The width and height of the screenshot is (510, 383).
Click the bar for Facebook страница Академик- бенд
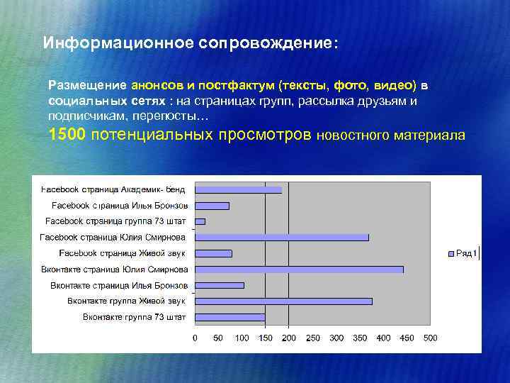(238, 189)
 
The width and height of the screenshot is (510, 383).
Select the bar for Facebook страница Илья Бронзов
(212, 206)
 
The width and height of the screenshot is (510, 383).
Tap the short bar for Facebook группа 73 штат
(200, 221)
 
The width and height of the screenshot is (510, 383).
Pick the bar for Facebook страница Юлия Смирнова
(281, 237)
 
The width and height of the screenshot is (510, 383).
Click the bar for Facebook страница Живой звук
(213, 253)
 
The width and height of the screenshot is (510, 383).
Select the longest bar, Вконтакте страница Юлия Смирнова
(299, 270)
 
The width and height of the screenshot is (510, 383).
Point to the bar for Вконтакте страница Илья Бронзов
(219, 285)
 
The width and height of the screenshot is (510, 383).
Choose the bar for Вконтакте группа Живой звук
(283, 301)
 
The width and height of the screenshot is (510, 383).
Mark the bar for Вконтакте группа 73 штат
(229, 317)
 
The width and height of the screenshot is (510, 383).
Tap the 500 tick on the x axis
(430, 338)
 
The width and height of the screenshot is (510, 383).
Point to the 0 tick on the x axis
(195, 338)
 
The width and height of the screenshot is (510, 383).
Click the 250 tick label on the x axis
(312, 338)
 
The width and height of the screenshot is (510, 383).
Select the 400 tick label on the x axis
(383, 338)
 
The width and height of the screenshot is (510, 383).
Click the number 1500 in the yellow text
(67, 135)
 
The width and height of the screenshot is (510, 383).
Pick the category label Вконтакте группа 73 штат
(134, 317)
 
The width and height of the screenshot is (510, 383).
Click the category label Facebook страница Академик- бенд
(113, 189)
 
